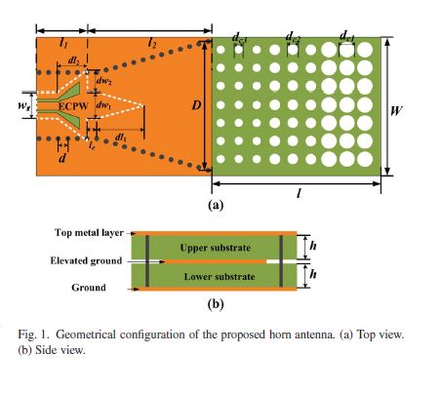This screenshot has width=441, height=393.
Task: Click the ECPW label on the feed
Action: pyautogui.click(x=73, y=106)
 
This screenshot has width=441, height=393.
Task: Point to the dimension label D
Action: pyautogui.click(x=196, y=105)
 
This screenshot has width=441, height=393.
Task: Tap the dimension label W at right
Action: pyautogui.click(x=396, y=111)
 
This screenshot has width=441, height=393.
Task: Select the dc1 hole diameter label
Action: pyautogui.click(x=346, y=36)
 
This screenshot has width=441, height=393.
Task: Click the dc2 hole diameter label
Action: pyautogui.click(x=293, y=37)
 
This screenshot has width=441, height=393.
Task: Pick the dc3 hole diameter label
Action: pyautogui.click(x=240, y=37)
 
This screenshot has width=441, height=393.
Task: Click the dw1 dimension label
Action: pyautogui.click(x=103, y=105)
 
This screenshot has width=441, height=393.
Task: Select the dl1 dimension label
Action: pyautogui.click(x=120, y=138)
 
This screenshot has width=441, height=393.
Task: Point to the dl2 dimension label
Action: pyautogui.click(x=73, y=60)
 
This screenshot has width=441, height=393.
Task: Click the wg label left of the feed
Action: pyautogui.click(x=23, y=105)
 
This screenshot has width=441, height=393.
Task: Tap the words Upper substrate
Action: pyautogui.click(x=216, y=248)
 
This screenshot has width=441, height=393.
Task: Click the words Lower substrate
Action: pyautogui.click(x=220, y=277)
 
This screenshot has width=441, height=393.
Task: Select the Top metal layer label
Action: pyautogui.click(x=89, y=233)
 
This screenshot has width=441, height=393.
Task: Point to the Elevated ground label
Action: pyautogui.click(x=86, y=260)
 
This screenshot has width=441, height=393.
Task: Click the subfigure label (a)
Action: pyautogui.click(x=216, y=206)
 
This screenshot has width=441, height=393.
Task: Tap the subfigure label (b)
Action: pyautogui.click(x=216, y=304)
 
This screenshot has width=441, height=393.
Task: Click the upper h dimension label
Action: pyautogui.click(x=313, y=246)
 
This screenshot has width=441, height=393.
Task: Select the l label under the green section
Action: pyautogui.click(x=299, y=194)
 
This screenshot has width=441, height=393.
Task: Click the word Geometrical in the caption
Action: pyautogui.click(x=86, y=334)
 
